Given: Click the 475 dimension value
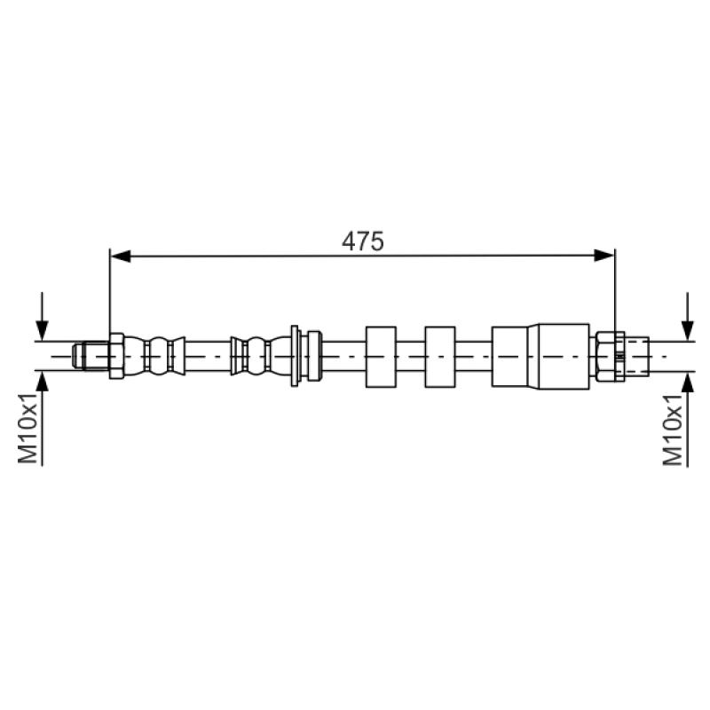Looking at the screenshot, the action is point(363,241).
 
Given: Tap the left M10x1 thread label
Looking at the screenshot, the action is point(28,429).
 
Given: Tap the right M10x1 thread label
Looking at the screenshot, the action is point(673,430).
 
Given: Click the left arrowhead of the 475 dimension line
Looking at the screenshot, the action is point(121,256).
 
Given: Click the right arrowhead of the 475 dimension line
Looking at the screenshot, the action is point(604,256).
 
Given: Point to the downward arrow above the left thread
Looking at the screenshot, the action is point(42,316).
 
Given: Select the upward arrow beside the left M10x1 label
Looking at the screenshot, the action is point(42,419).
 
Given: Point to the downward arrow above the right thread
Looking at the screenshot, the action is point(688,316).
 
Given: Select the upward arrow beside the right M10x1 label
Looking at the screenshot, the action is point(688,419).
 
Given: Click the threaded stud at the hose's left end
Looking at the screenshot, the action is point(91,356).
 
